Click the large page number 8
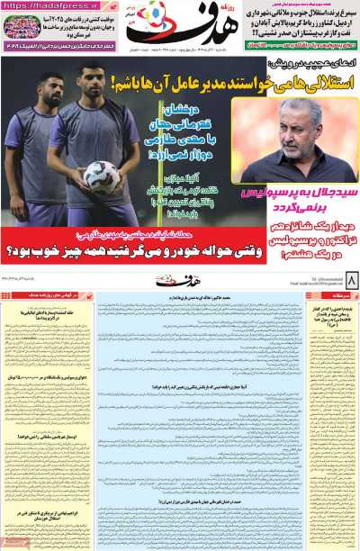(x=350, y=282)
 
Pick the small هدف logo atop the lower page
(x=180, y=282)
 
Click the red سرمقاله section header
(x=346, y=294)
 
